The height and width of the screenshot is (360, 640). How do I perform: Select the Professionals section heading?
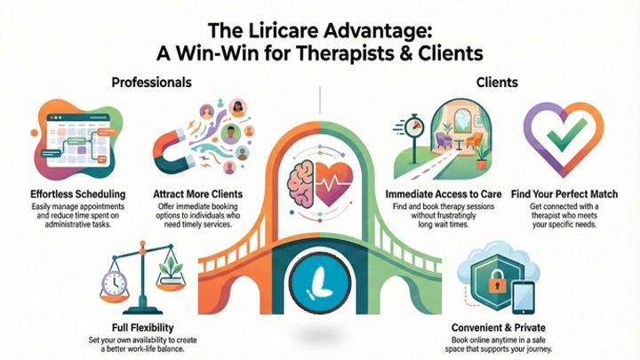pyautogui.click(x=151, y=83)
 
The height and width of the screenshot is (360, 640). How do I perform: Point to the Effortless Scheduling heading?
pyautogui.click(x=71, y=193)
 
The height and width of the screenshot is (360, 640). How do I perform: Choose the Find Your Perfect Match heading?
pyautogui.click(x=568, y=193)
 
